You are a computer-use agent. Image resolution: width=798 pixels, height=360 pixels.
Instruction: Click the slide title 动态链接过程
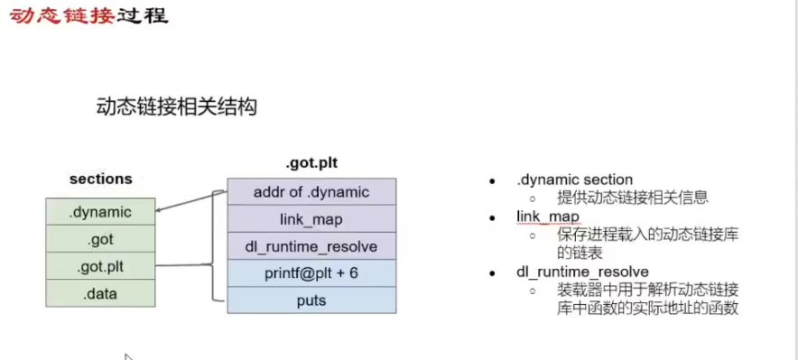(x=88, y=16)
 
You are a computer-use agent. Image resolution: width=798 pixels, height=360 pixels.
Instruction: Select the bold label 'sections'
(x=100, y=179)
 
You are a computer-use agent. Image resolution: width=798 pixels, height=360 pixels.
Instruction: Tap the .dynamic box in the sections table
(x=100, y=212)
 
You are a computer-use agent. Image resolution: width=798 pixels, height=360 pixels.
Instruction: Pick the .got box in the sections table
(x=100, y=239)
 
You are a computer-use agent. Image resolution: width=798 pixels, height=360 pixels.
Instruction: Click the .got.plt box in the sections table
(x=100, y=266)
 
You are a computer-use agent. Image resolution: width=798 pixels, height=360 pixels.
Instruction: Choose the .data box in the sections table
(x=100, y=293)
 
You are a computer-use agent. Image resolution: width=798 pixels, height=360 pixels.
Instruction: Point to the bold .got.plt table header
(x=311, y=163)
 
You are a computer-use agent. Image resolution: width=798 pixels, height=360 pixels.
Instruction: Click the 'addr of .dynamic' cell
(x=311, y=191)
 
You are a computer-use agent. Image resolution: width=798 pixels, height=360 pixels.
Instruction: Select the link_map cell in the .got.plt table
(x=311, y=219)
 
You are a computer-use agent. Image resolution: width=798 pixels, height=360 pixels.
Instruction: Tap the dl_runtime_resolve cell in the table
(x=311, y=246)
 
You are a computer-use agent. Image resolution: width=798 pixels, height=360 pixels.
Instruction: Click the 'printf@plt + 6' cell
(x=311, y=273)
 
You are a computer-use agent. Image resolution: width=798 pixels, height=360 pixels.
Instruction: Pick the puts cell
(x=311, y=300)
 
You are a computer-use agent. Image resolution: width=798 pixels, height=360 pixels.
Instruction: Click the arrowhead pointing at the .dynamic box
(x=160, y=212)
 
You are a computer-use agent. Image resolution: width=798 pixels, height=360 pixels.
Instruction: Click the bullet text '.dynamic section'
(x=574, y=180)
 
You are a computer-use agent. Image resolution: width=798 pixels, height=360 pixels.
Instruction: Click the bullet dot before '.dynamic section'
(x=493, y=180)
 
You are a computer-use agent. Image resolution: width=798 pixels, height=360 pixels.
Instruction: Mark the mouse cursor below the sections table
(x=127, y=356)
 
